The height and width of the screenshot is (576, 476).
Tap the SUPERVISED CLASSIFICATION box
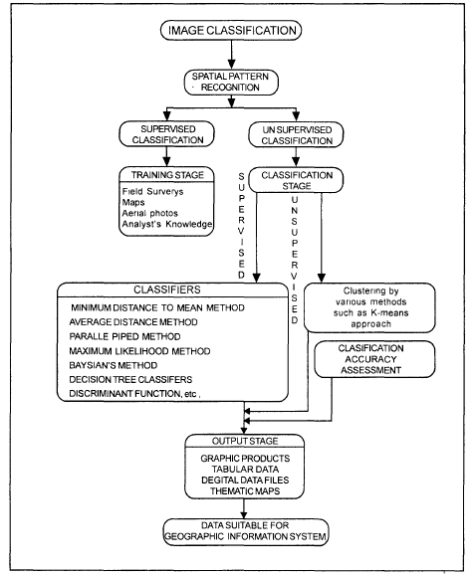(165, 136)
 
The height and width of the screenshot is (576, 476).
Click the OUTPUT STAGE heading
(238, 440)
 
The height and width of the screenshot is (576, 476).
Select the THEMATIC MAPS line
(240, 490)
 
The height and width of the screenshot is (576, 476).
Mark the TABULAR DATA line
(240, 466)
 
